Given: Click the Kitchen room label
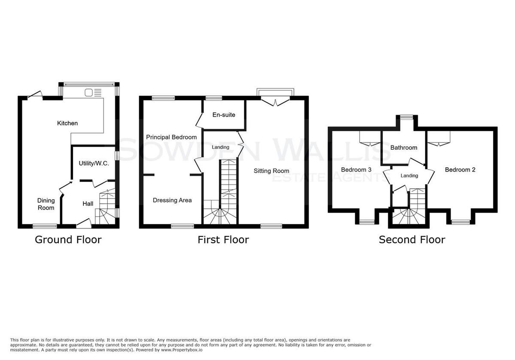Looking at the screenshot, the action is tap(67, 123).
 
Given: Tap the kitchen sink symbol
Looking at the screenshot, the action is tap(93, 93).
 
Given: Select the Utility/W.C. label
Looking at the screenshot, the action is tap(94, 163).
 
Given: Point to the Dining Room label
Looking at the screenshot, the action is tap(46, 204).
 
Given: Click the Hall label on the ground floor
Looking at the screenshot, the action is tap(88, 204).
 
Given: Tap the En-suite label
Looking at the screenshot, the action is tap(224, 115).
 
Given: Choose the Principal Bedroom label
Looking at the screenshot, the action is tap(172, 137).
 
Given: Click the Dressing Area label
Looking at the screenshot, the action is tap(172, 200).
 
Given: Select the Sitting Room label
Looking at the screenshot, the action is tap(271, 171).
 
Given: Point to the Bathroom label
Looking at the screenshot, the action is tap(404, 148).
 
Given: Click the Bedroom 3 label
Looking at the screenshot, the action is tap(356, 169).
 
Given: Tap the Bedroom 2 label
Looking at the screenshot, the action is tap(460, 169).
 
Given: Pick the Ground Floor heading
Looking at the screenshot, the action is tap(68, 240).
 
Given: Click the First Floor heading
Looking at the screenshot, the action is tap(223, 240).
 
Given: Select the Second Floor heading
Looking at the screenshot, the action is tap(412, 240).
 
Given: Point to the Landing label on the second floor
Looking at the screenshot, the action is tap(409, 175).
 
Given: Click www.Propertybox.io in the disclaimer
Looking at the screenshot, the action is tap(182, 350).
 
